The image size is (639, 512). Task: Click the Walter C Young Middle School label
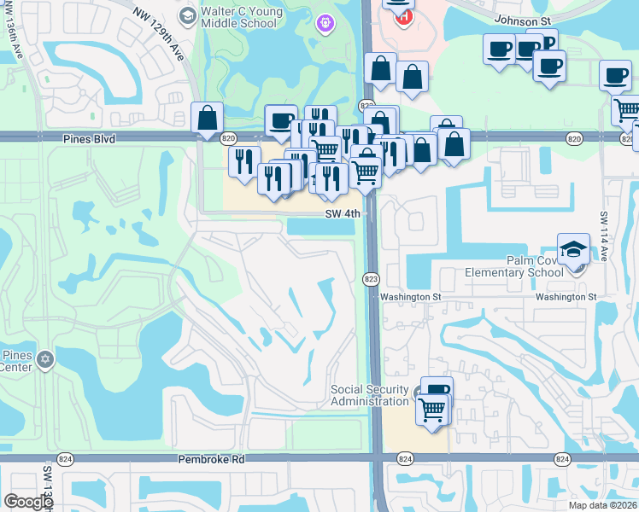239,17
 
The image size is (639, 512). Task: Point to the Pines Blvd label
88,137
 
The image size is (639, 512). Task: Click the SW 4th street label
345,215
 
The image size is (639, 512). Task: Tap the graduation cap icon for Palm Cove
573,249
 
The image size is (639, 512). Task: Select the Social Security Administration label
370,396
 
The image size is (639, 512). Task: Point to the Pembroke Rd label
211,459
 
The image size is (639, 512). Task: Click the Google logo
28,502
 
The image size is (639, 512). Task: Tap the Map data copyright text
603,505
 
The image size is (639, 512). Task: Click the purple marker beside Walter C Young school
324,24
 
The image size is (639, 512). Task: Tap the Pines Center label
17,362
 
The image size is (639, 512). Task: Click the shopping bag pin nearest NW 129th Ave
208,119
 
